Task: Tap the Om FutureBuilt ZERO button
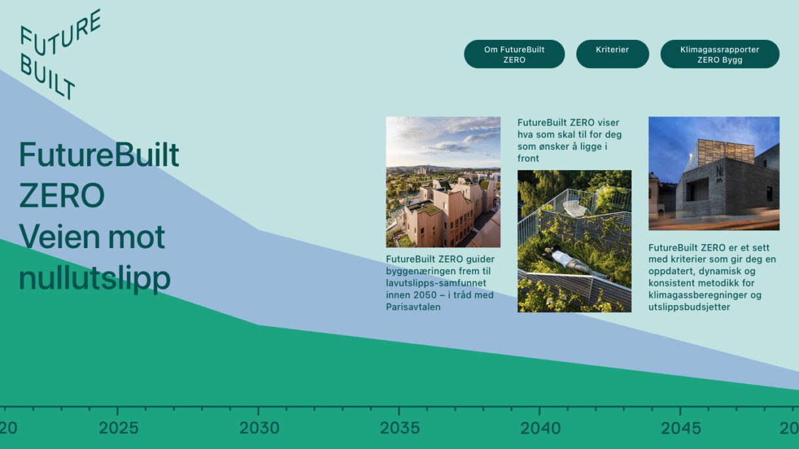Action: click(514, 54)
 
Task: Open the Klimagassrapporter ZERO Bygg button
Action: click(720, 54)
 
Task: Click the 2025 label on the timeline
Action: click(119, 429)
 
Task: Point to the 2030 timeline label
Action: click(259, 429)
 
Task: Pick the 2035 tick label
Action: click(400, 429)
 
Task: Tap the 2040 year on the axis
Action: click(540, 429)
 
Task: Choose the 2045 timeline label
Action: click(681, 429)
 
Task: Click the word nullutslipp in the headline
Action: click(94, 278)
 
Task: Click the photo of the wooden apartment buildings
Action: click(443, 182)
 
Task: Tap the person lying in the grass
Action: click(570, 260)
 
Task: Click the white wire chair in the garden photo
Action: click(575, 208)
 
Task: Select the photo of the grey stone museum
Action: click(714, 173)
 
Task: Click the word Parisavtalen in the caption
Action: click(413, 307)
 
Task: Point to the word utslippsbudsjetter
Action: click(689, 307)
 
